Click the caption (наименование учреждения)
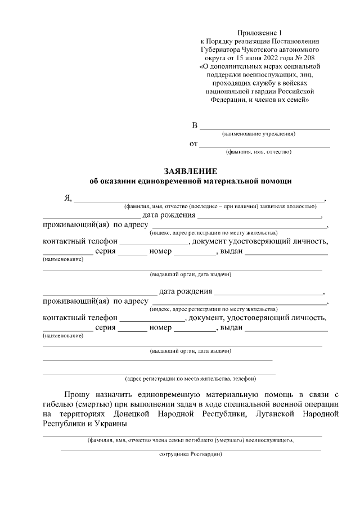259,134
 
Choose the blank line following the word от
265,145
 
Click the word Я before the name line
67,198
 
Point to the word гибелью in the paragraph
62,404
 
